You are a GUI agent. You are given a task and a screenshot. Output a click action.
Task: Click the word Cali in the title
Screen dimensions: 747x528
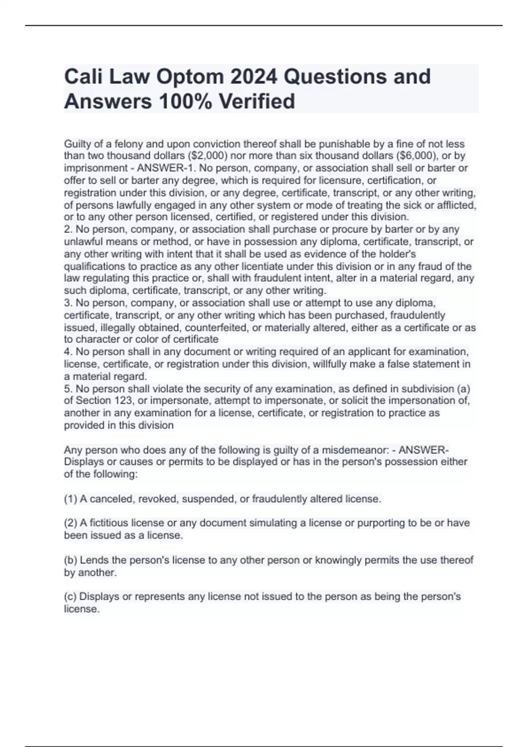click(x=83, y=77)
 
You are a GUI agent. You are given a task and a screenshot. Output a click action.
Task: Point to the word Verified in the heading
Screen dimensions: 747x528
click(x=257, y=102)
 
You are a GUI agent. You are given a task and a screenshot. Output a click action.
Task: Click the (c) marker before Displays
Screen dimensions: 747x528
click(x=70, y=596)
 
